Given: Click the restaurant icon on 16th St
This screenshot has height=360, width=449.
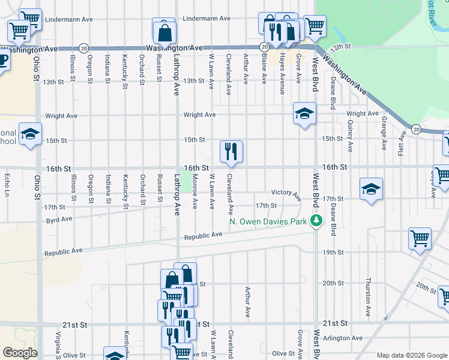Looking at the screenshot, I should [x=231, y=152].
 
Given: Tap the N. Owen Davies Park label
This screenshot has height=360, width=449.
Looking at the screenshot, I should [x=268, y=222].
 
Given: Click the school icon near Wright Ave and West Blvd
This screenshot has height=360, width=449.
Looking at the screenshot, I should [x=304, y=113].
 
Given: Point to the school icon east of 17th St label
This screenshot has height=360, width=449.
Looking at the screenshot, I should [x=372, y=189].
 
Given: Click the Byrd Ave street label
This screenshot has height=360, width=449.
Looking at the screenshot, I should [x=59, y=220].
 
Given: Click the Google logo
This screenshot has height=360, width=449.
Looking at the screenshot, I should [x=20, y=353].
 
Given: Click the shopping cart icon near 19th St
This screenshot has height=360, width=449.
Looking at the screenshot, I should [x=420, y=238].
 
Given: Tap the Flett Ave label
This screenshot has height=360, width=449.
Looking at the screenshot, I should [x=401, y=145].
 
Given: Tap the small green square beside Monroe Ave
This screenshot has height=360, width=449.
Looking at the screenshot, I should [x=187, y=181].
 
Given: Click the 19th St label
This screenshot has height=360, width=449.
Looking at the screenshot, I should [x=332, y=253].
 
